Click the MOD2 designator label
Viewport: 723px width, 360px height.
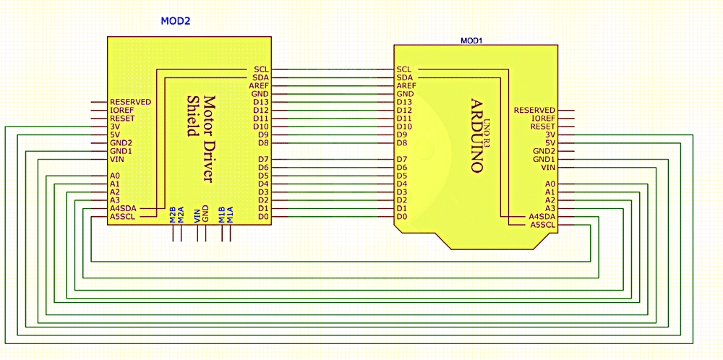[175, 22]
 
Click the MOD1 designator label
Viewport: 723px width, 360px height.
[471, 40]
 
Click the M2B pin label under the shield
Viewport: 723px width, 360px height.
[172, 215]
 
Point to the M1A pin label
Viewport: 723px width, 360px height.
[230, 214]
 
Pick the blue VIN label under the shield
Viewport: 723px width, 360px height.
[196, 215]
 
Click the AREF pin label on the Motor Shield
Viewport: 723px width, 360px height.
[260, 85]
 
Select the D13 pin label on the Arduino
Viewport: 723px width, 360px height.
[405, 102]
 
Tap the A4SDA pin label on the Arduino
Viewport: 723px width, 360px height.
[542, 216]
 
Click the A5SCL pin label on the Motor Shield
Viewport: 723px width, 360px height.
[122, 216]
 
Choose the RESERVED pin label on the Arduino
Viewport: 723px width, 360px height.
[534, 111]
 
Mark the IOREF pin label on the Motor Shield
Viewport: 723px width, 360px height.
[121, 111]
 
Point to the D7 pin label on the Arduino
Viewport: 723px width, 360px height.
[403, 159]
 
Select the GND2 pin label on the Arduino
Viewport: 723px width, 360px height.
[544, 151]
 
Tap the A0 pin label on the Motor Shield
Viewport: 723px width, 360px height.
[114, 176]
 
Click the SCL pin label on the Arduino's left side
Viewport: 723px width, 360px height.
[404, 69]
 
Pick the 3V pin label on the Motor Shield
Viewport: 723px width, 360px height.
[114, 127]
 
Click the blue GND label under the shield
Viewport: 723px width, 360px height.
[205, 214]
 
